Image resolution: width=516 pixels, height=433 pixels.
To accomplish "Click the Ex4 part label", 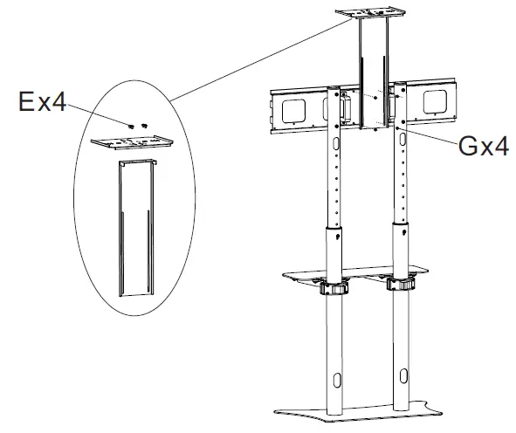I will [x=42, y=104].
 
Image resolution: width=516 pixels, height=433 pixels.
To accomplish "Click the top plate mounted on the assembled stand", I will [x=370, y=14].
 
